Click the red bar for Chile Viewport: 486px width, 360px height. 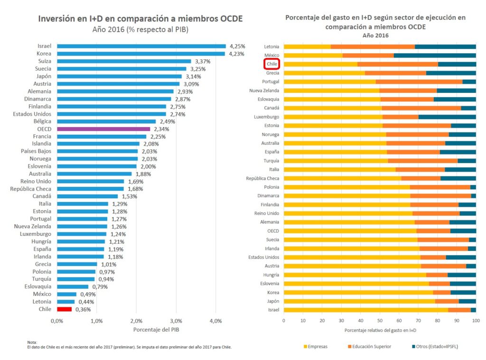pos(65,309)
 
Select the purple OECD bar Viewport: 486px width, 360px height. pos(103,129)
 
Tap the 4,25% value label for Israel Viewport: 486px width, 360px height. pos(237,46)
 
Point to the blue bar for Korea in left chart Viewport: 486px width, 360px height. pos(141,54)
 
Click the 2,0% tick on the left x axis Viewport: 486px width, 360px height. pos(136,321)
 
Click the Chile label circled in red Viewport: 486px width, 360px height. pos(272,64)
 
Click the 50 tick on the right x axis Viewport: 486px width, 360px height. pos(380,321)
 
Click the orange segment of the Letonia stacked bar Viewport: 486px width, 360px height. pos(373,46)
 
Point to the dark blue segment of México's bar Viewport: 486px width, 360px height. pos(435,55)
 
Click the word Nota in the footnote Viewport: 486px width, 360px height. pos(32,342)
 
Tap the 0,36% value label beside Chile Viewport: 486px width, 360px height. pos(83,309)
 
